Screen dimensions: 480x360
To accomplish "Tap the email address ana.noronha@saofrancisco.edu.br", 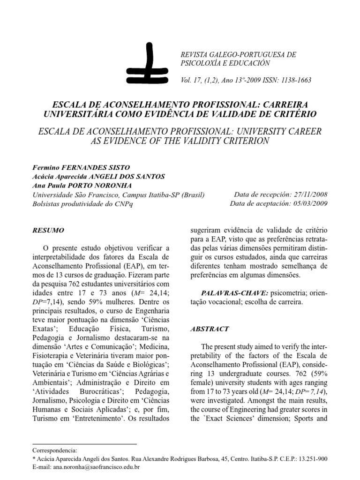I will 97,467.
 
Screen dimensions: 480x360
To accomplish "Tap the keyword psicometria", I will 278,293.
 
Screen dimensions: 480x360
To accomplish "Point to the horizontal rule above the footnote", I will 84,443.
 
